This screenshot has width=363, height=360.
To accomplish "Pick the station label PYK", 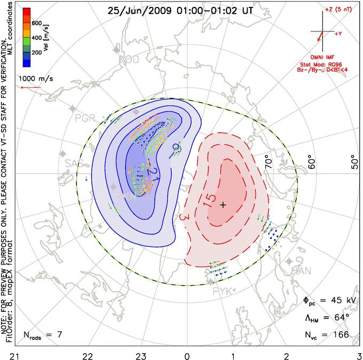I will click(x=223, y=291).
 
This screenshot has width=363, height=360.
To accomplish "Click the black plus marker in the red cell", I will click(x=223, y=205).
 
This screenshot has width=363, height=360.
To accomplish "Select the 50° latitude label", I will click(x=353, y=161).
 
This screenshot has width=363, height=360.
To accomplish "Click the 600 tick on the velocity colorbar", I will click(x=36, y=23).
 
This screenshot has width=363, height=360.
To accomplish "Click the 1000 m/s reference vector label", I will click(x=36, y=79).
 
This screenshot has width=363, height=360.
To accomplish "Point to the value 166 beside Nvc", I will click(x=340, y=335).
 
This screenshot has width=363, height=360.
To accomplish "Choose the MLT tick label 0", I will click(x=187, y=354).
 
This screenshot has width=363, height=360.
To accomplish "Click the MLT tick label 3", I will click(x=359, y=354).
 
